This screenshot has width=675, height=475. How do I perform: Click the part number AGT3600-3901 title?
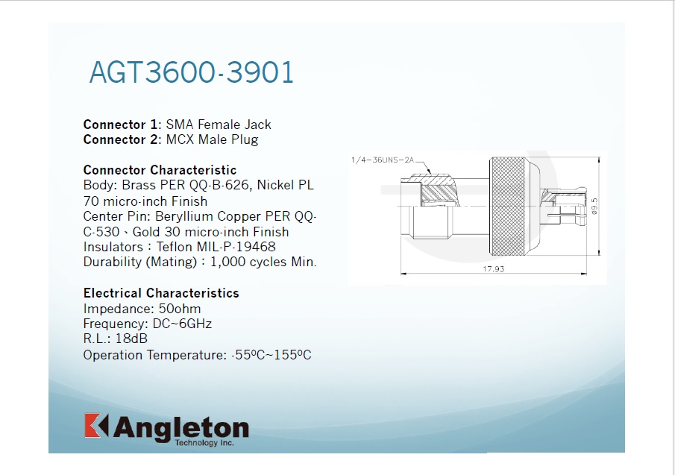click(192, 72)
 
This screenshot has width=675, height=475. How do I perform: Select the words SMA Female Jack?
click(219, 125)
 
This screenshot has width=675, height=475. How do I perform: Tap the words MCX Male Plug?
click(213, 140)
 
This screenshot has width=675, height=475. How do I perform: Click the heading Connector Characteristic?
click(160, 170)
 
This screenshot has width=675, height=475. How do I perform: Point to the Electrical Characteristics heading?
click(161, 293)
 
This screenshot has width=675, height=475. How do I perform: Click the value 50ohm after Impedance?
click(180, 309)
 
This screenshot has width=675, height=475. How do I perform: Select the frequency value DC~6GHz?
click(182, 324)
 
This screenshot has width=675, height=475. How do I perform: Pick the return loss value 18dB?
click(131, 339)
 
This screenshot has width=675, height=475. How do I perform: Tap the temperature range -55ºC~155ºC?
click(271, 355)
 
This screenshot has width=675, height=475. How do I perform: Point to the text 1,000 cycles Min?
click(263, 262)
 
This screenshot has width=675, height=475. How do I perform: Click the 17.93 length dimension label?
click(493, 269)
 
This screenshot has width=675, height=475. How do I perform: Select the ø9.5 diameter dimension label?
click(594, 206)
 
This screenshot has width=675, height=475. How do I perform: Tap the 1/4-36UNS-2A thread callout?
click(383, 160)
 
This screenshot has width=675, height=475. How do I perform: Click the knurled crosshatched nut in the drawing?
click(509, 207)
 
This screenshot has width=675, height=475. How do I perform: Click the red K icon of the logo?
click(96, 426)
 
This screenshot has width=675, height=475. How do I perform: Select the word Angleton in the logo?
click(180, 428)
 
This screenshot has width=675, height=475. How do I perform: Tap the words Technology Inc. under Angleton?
click(204, 443)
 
